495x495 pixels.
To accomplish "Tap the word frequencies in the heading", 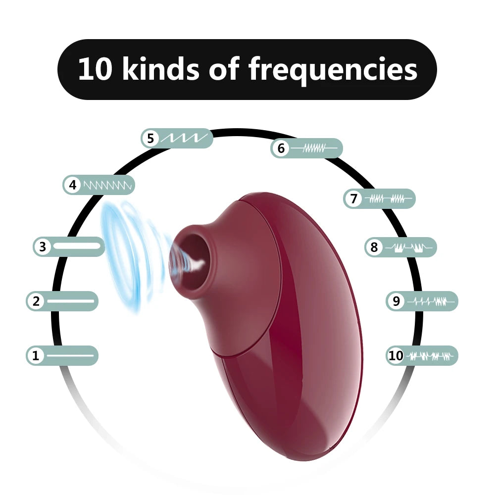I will pos(333,70).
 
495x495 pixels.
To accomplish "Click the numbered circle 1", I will pos(36,355).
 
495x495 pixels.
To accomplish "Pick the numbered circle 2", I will pos(36,301).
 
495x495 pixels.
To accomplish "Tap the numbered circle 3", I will pos(43,247).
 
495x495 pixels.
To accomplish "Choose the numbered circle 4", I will pos(73,185).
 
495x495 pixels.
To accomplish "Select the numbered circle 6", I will pos(281,148).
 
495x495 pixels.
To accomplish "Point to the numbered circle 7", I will pos(353,199).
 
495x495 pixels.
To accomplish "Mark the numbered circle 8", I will pos(374,247).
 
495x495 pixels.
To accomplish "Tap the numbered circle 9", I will pos(396,301).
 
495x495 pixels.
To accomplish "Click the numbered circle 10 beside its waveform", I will pos(396,355).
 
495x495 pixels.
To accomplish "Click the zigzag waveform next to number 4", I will pos(107,185).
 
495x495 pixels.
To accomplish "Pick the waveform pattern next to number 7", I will pos(389,199).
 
